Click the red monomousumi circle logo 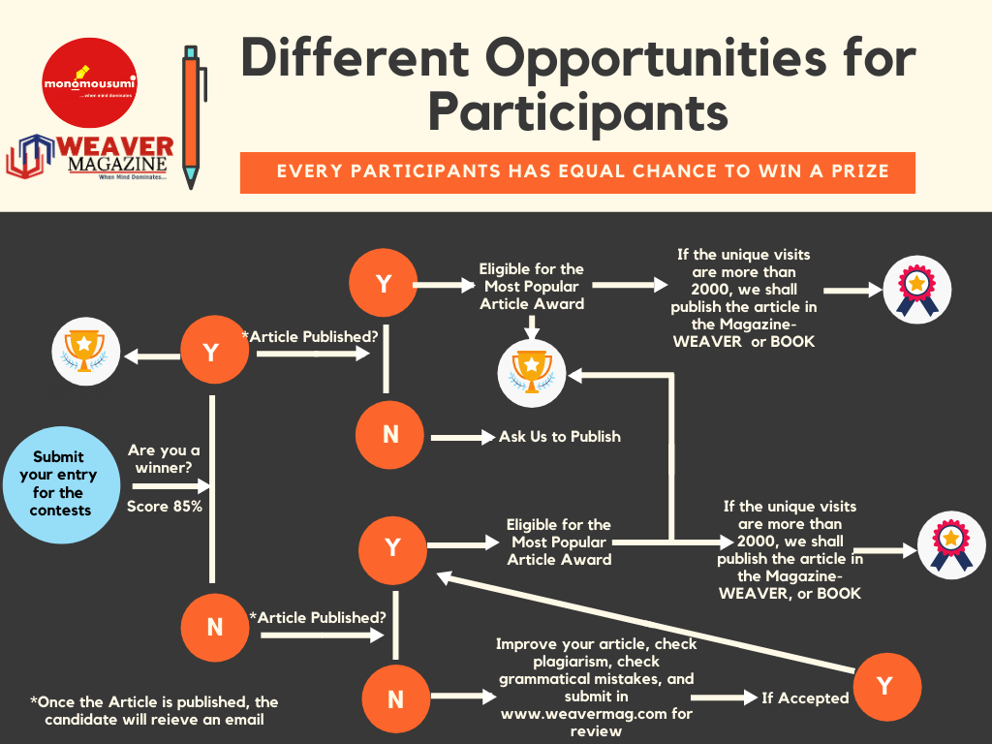pyautogui.click(x=89, y=81)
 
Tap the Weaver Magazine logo pyautogui.click(x=93, y=158)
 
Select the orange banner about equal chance pyautogui.click(x=577, y=172)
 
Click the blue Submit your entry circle pyautogui.click(x=58, y=483)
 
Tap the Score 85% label pyautogui.click(x=165, y=506)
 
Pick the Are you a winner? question pyautogui.click(x=163, y=459)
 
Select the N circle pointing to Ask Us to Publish pyautogui.click(x=390, y=435)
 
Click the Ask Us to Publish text pyautogui.click(x=560, y=437)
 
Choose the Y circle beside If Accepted pyautogui.click(x=883, y=686)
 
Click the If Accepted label pyautogui.click(x=805, y=697)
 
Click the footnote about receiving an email pyautogui.click(x=153, y=710)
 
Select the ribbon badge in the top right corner pyautogui.click(x=916, y=290)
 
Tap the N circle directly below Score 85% pyautogui.click(x=215, y=627)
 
